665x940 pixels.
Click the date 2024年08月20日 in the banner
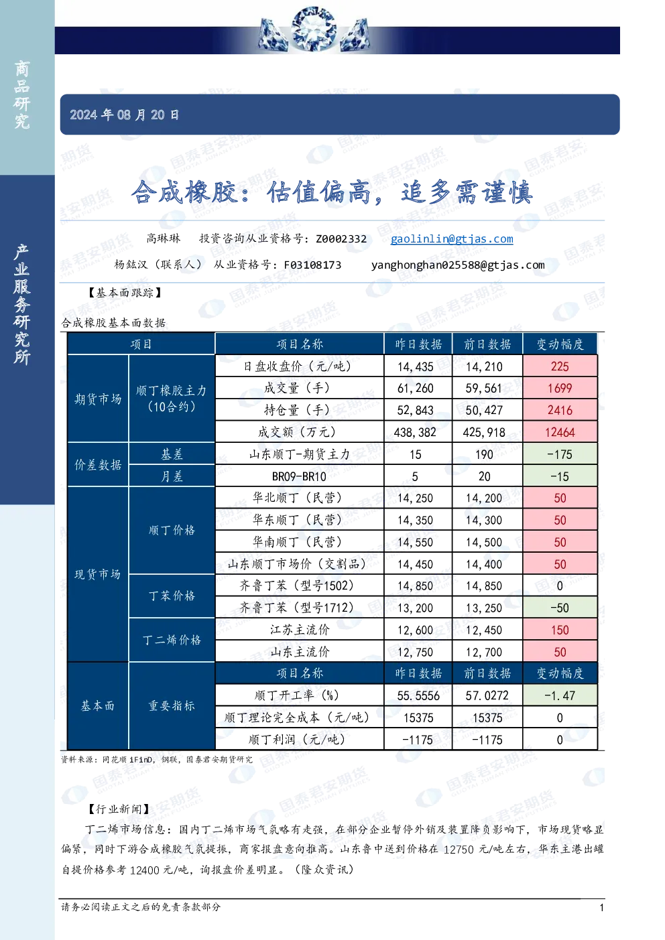(x=124, y=115)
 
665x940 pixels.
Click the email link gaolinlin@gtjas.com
(x=452, y=239)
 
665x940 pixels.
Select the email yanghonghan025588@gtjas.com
(x=458, y=265)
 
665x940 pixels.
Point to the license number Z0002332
(x=341, y=239)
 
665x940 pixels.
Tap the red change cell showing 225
(x=560, y=366)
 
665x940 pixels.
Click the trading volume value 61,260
(x=415, y=388)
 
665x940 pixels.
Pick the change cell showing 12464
(x=560, y=432)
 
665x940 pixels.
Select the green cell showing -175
(x=560, y=454)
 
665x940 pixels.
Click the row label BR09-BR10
(x=299, y=476)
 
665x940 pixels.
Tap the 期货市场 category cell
(x=98, y=398)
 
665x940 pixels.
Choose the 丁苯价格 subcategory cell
(x=172, y=596)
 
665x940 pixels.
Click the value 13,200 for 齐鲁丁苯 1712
(x=415, y=608)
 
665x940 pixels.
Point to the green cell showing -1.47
(x=560, y=695)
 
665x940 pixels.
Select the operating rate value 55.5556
(x=418, y=695)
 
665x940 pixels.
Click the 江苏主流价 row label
(x=300, y=630)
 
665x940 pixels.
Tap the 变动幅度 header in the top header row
(x=560, y=344)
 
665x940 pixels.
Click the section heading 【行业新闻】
(x=119, y=809)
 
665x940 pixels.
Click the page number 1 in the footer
(x=601, y=908)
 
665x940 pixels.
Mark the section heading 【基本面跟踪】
(x=125, y=293)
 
